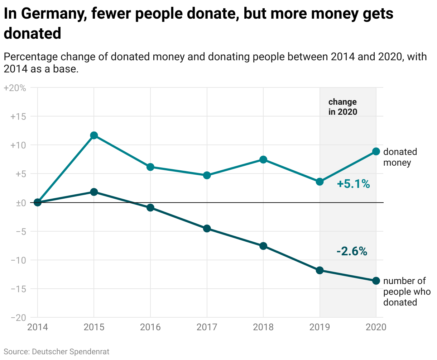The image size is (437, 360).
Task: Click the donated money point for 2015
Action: point(94,135)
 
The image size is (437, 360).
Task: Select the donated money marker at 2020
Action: point(376,151)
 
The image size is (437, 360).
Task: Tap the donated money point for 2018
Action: point(263,160)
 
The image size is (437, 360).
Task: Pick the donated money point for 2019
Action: point(320,182)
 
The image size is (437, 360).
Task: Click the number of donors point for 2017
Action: point(207,228)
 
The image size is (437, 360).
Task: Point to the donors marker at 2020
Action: point(376,281)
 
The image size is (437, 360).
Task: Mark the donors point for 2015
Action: point(94,192)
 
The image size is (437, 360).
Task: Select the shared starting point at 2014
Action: point(38,203)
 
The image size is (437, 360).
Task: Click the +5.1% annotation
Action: point(353,184)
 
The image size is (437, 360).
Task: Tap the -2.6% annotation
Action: point(352,251)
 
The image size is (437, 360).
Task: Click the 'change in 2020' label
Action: point(343,107)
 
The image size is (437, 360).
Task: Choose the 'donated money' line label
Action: point(400,157)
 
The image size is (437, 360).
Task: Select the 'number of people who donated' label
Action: point(407,292)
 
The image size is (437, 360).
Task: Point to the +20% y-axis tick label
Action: point(15,88)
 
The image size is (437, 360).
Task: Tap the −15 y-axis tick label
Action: point(18,289)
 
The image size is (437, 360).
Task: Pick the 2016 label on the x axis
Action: point(150,327)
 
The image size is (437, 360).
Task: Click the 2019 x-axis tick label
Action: point(320,327)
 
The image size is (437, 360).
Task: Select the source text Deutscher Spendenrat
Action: point(71,351)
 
